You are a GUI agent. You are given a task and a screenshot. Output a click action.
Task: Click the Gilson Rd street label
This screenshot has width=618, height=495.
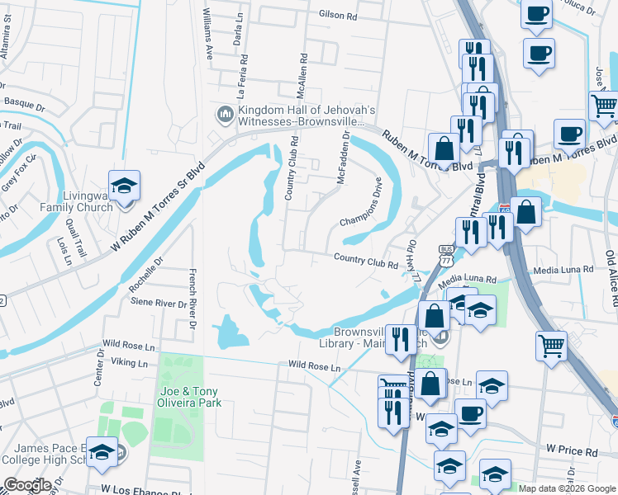click(338, 15)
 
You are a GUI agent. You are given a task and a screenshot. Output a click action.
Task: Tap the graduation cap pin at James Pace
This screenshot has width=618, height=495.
click(102, 453)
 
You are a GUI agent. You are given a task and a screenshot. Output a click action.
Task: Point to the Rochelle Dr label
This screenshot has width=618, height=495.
click(147, 271)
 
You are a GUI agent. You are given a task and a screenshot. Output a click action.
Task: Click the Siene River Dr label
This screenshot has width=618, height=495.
click(159, 304)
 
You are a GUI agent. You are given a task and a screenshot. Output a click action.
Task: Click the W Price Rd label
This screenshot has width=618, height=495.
click(571, 452)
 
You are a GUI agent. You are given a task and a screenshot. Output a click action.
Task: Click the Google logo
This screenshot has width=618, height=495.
click(27, 485)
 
